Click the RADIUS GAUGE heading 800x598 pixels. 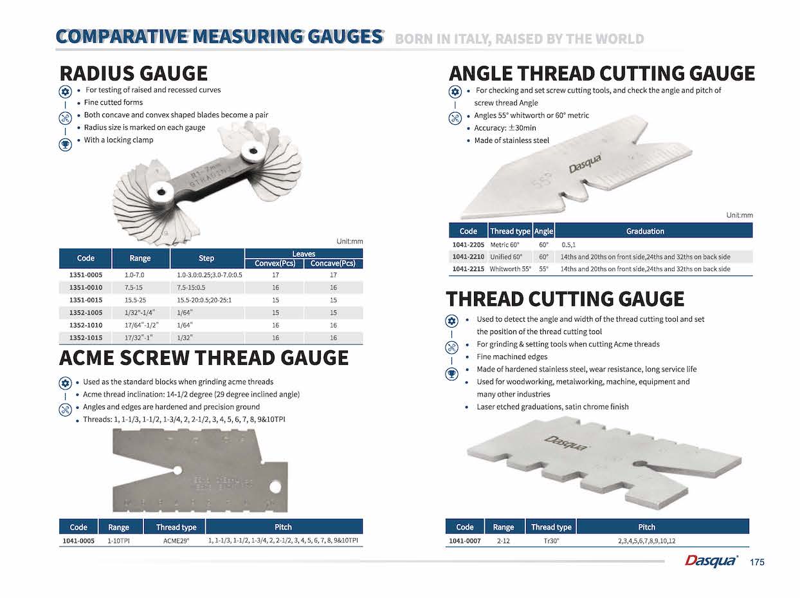click(133, 73)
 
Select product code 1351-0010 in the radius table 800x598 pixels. click(86, 287)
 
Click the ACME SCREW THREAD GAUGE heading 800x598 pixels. click(203, 357)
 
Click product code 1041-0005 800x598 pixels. click(78, 541)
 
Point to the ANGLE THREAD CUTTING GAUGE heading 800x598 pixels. click(601, 73)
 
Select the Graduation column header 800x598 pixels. click(645, 231)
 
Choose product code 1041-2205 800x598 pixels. click(468, 245)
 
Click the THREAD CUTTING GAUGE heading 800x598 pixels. click(565, 299)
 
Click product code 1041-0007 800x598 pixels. click(464, 541)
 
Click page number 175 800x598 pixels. click(757, 563)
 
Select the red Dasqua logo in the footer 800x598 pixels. click(711, 561)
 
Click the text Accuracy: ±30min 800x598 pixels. click(505, 128)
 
